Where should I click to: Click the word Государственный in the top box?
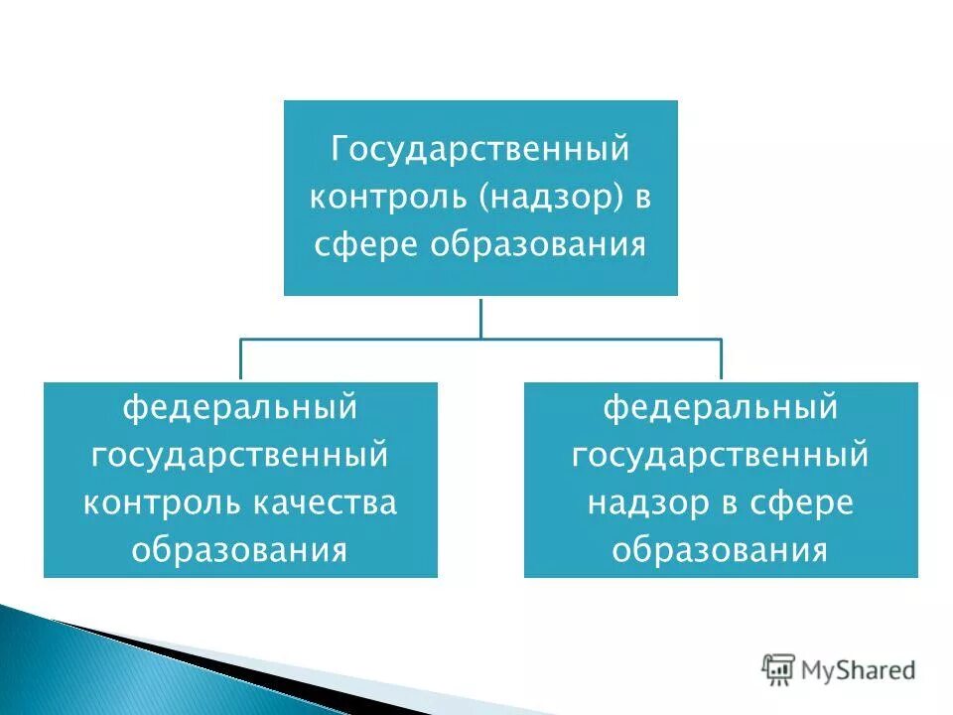click(480, 150)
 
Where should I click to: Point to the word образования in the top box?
click(538, 243)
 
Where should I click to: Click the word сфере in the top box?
click(366, 243)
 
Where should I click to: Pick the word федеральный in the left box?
click(239, 406)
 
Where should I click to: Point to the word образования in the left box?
click(239, 549)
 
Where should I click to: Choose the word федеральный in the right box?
click(721, 406)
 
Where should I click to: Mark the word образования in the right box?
click(721, 549)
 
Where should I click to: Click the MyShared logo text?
click(860, 671)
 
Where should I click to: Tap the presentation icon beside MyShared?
click(779, 670)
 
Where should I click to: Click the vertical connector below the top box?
click(481, 317)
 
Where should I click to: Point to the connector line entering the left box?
click(240, 359)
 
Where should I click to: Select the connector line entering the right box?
click(722, 359)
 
